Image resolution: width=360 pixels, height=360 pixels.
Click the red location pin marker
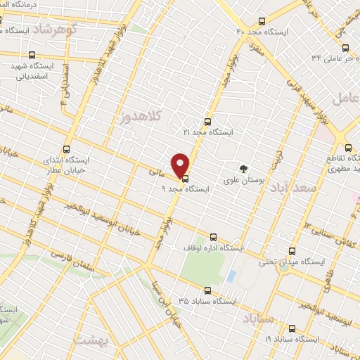[181, 165]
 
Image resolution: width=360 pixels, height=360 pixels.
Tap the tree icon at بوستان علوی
[243, 169]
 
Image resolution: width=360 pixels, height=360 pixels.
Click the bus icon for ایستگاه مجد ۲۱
[207, 121]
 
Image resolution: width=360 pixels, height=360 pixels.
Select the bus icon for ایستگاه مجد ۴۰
[262, 22]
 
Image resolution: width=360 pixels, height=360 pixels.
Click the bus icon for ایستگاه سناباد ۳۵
[207, 290]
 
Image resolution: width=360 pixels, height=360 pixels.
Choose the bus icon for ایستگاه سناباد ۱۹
[292, 328]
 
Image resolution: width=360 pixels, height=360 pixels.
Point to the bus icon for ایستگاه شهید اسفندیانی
[32, 55]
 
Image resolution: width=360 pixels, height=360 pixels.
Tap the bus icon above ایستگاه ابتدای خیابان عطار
[67, 149]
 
